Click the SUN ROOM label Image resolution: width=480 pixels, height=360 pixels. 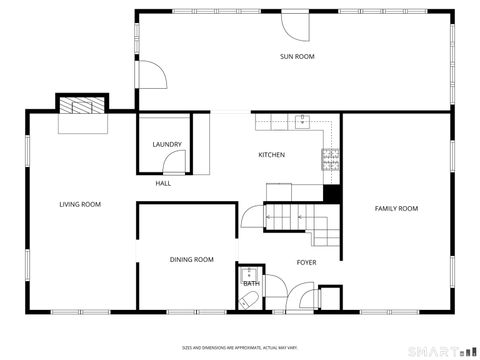(x=297, y=57)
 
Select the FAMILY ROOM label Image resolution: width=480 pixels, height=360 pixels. (x=396, y=209)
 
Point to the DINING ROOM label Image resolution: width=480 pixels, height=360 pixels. (x=191, y=260)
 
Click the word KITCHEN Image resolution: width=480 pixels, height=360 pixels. (x=272, y=155)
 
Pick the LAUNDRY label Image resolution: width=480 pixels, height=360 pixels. (x=167, y=145)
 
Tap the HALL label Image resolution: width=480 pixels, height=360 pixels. (x=163, y=184)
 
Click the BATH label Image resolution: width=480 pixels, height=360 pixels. (x=250, y=284)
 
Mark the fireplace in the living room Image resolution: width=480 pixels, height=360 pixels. (x=80, y=107)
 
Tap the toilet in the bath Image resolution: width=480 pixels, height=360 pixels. (x=250, y=297)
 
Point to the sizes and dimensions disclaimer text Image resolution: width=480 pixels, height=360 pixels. (x=239, y=347)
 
